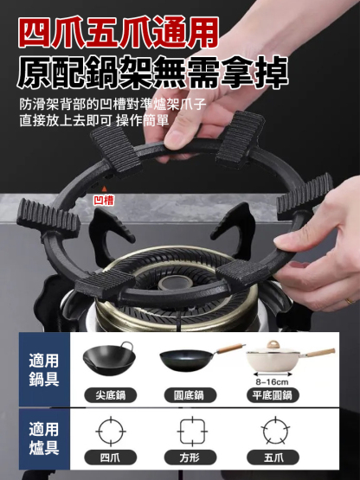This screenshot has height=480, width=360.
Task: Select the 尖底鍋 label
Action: (x=112, y=395)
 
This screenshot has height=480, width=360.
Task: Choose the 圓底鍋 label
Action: (x=187, y=395)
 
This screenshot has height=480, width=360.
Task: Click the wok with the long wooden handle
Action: (x=195, y=356)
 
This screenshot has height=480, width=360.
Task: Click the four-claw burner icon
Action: (x=112, y=431)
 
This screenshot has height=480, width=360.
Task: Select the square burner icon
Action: (x=192, y=431)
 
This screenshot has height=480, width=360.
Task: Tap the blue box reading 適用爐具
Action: (x=43, y=438)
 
